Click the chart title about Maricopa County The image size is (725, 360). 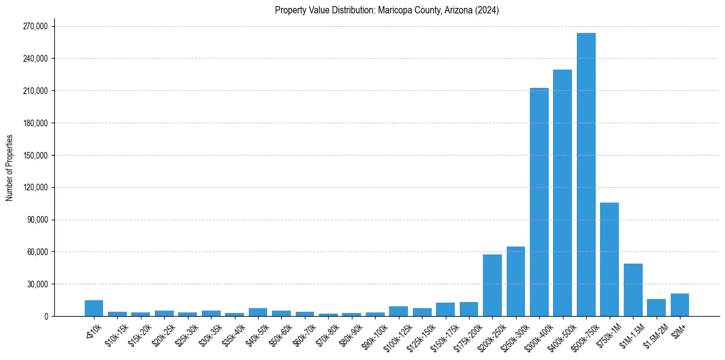pos(387,10)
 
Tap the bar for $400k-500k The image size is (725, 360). pos(562,193)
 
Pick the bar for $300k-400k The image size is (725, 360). pos(539,202)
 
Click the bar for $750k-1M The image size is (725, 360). pos(609,259)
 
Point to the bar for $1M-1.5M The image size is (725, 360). pos(633,290)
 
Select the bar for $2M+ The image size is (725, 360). pos(679,305)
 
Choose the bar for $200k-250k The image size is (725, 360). pos(492,286)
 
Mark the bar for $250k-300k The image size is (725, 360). pos(516,281)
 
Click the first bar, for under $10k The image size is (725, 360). pos(94,308)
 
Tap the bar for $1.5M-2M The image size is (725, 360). pos(656,308)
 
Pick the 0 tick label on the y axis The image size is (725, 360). pos(46,317)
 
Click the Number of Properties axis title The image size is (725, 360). pos(10,167)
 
